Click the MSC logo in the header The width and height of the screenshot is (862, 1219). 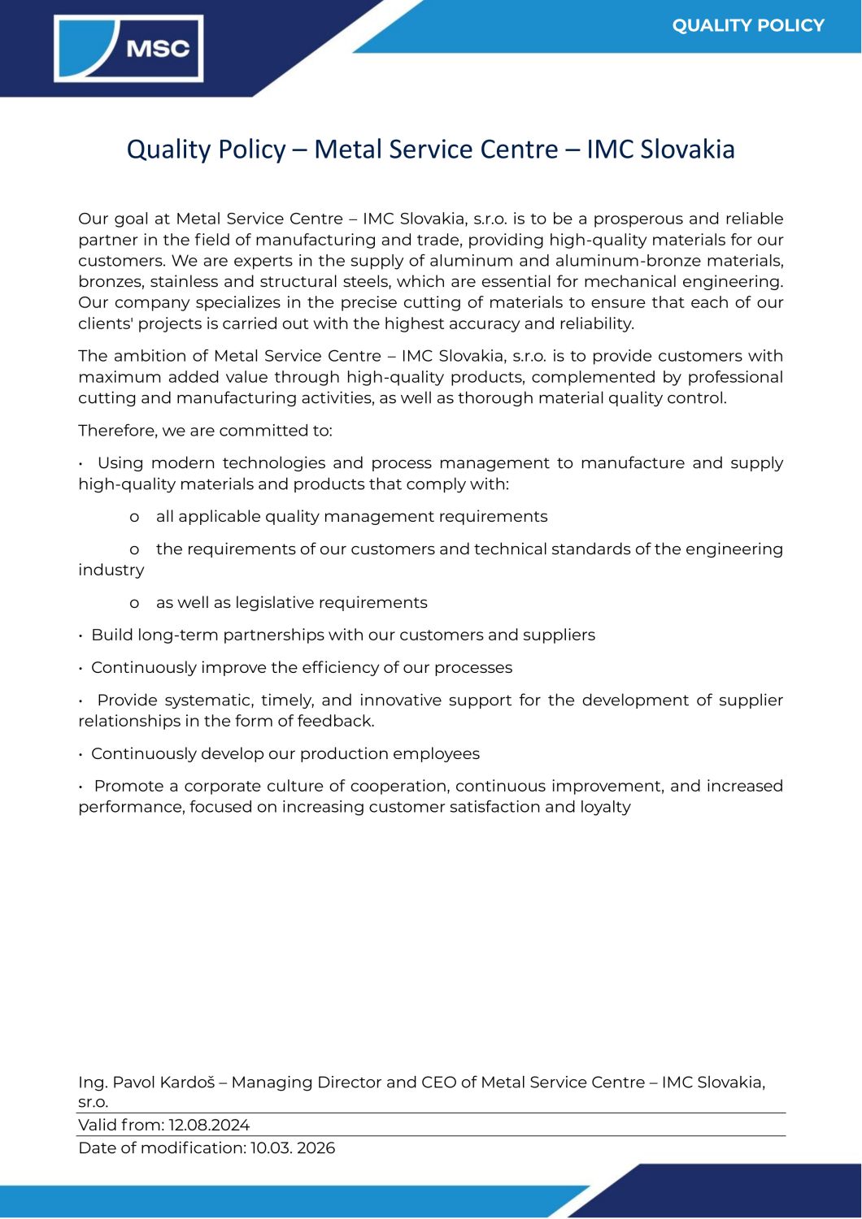tap(128, 49)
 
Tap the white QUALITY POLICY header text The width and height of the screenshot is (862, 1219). tap(748, 25)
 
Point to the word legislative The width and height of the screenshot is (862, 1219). tap(274, 602)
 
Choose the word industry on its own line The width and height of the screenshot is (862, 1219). tap(111, 570)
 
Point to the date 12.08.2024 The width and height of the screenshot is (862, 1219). tap(209, 1126)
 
